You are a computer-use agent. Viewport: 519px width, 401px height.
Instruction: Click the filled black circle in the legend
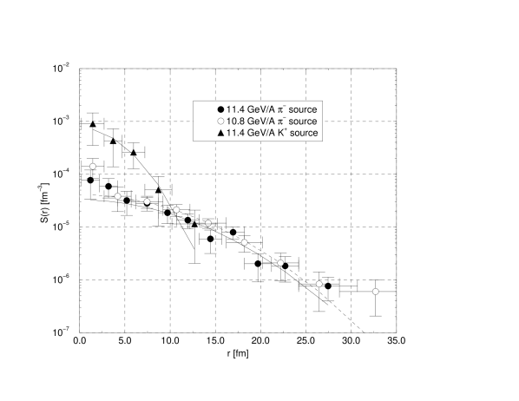220,109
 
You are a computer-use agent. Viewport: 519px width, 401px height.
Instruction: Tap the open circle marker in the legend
220,122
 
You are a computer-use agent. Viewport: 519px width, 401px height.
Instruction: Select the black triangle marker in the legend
220,133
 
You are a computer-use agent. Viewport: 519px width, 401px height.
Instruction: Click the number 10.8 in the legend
235,122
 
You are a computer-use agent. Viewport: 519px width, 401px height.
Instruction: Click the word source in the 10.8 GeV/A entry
303,122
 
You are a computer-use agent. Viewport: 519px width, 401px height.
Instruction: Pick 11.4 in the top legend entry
235,109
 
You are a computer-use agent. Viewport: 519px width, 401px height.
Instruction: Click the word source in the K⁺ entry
304,133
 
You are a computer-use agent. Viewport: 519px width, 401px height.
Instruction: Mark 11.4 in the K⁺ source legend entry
235,133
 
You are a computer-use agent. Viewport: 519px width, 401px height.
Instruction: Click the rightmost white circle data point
376,292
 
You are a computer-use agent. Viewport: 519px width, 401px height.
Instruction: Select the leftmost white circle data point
93,166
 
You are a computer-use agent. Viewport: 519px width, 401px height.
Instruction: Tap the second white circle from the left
118,196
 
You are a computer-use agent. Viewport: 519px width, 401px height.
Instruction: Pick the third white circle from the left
147,201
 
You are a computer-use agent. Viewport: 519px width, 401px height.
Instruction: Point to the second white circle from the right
319,284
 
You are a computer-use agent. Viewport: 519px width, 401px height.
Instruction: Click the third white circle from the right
280,263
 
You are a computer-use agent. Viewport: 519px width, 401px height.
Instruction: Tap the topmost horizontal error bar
134,69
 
